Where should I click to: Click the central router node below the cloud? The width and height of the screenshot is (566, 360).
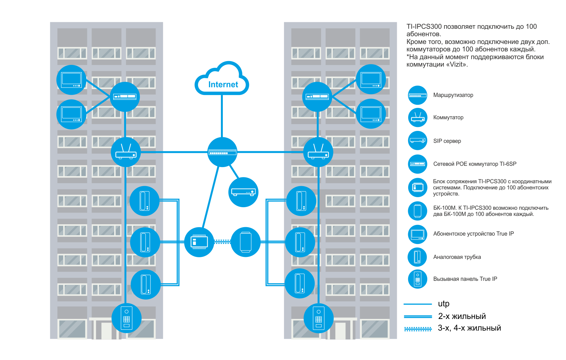coord(222,152)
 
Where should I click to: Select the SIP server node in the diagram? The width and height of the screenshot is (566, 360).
coord(243,192)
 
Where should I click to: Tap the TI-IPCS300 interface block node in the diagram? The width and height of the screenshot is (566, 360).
coord(199,242)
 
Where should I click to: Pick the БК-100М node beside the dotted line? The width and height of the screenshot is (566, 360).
coord(245,242)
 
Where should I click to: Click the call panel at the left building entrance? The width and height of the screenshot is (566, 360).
coord(126,318)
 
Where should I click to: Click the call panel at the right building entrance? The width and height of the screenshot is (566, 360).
coord(319,318)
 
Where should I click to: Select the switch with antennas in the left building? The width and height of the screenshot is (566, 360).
coord(126,152)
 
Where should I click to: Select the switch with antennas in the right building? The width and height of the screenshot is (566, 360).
coord(318,152)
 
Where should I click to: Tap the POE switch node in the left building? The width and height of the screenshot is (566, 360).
coord(125,97)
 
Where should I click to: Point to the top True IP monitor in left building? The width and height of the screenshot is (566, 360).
coord(71,80)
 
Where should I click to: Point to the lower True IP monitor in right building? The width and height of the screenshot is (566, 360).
coord(371,114)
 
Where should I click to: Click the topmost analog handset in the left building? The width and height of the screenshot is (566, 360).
coord(144,201)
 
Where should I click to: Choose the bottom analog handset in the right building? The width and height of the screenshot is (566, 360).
coord(300,283)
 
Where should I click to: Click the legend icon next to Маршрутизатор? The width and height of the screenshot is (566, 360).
coord(418,95)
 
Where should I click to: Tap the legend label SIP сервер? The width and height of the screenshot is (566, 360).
coord(447,141)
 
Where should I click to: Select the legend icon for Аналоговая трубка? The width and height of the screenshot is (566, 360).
coord(418,257)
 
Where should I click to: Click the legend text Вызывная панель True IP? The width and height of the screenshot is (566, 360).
coord(465,279)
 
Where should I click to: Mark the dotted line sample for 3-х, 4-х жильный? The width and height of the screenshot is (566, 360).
coord(418,329)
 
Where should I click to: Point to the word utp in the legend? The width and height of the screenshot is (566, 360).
coord(443,304)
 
